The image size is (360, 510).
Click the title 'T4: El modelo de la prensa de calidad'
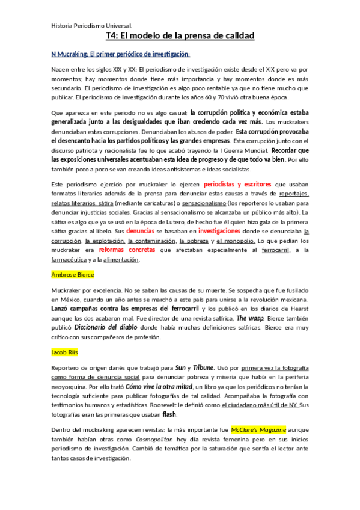pos(180,37)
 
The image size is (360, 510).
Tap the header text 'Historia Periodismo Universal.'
pos(92,26)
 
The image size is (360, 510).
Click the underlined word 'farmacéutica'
pos(69,260)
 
